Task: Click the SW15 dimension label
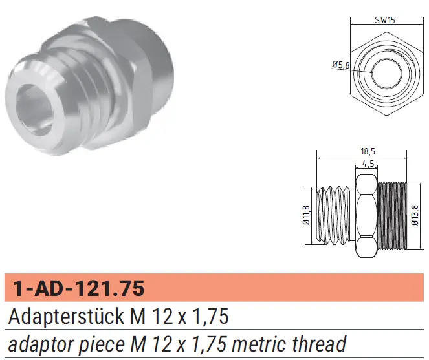coord(385,20)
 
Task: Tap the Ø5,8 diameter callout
coord(341,65)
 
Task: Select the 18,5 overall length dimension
coord(368,151)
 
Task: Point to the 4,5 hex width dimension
coord(368,164)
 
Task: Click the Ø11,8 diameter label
coord(307,215)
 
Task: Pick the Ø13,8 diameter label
coord(415,215)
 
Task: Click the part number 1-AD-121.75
coord(78,288)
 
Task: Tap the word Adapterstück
coord(66,317)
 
